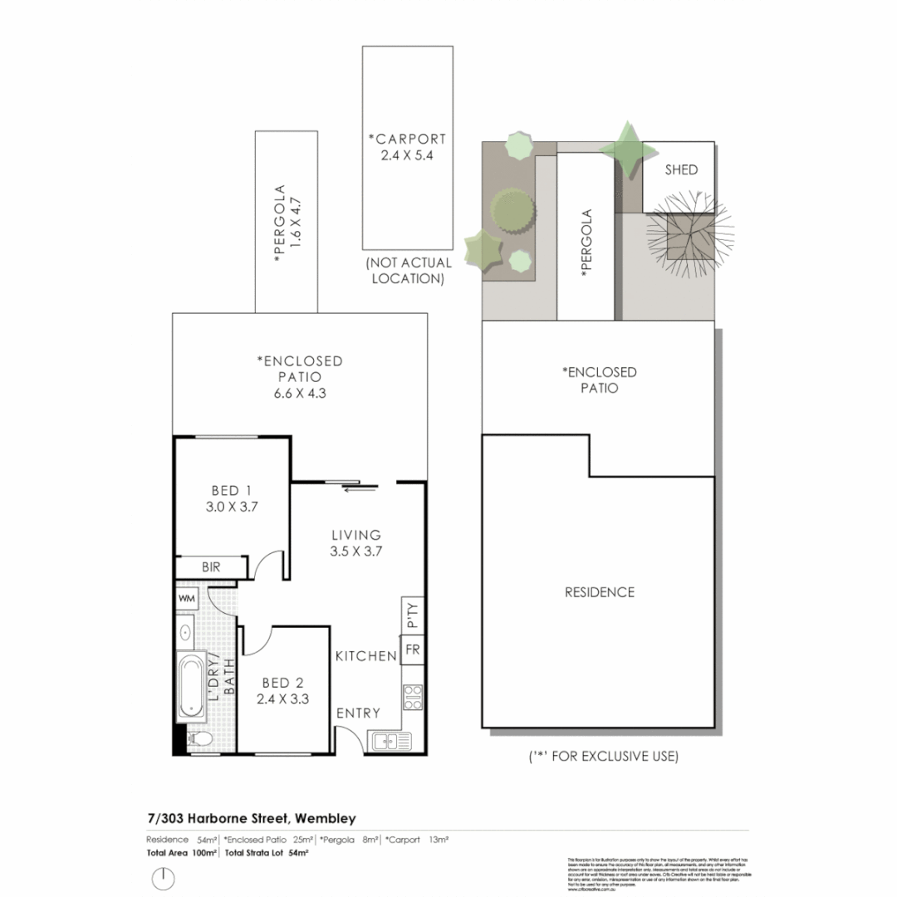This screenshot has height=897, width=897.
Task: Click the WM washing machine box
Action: point(187,597)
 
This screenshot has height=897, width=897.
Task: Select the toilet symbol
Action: point(199,738)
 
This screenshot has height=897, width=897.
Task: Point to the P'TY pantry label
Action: point(413,615)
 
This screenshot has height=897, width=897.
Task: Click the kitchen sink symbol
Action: point(390,739)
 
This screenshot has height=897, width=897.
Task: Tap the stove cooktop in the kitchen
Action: point(413,695)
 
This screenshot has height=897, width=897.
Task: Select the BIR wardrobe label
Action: point(212,567)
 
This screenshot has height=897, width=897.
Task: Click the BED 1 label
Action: point(231,490)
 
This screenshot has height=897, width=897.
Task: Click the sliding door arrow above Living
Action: point(352,489)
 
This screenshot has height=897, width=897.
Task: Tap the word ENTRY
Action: point(358,713)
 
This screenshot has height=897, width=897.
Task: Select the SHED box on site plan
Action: point(681,169)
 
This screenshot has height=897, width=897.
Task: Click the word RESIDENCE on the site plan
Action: point(600,592)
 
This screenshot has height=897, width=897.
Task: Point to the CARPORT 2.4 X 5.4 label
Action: point(407,146)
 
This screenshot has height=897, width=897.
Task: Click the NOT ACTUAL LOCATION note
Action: point(408,271)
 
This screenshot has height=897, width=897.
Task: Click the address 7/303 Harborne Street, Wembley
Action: point(252,819)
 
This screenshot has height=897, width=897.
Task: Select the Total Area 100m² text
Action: point(182,853)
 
